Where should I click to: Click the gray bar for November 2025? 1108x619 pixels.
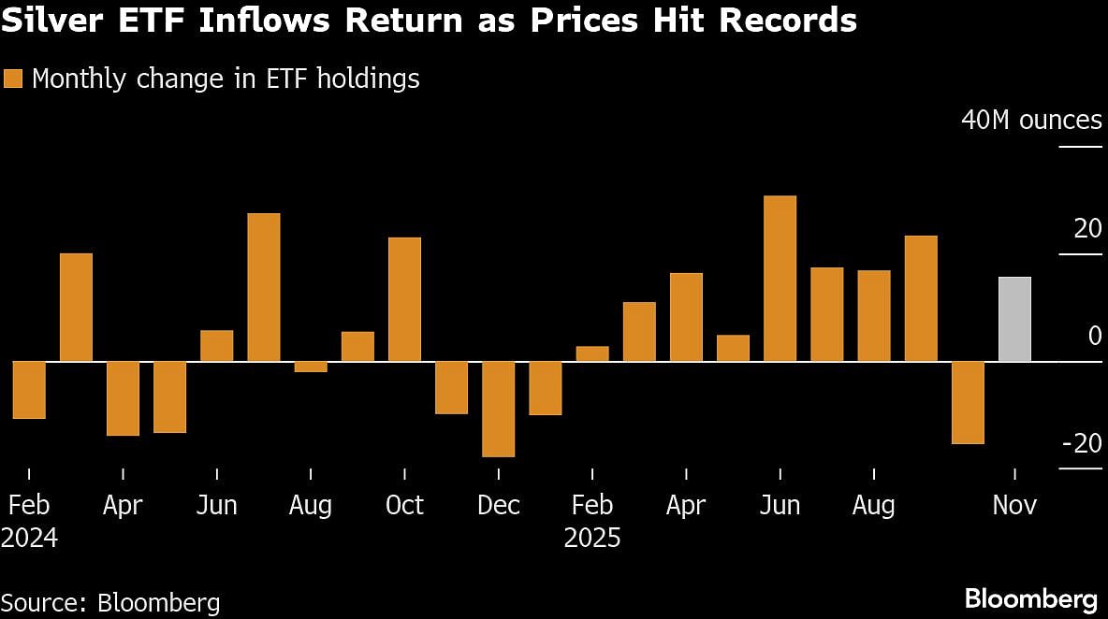pyautogui.click(x=1014, y=319)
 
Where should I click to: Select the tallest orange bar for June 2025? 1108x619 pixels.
pyautogui.click(x=780, y=278)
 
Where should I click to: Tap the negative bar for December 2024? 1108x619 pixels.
pyautogui.click(x=498, y=409)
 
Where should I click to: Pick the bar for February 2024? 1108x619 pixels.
pyautogui.click(x=29, y=389)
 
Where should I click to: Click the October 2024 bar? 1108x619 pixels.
pyautogui.click(x=404, y=299)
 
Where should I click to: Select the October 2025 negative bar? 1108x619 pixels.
pyautogui.click(x=968, y=402)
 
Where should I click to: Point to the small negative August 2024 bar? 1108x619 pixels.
pyautogui.click(x=311, y=367)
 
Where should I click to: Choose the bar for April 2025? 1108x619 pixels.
pyautogui.click(x=686, y=317)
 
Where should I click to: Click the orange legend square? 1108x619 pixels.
pyautogui.click(x=13, y=79)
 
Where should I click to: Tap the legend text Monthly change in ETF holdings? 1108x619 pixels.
pyautogui.click(x=226, y=79)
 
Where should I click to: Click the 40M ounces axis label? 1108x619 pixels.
pyautogui.click(x=1031, y=121)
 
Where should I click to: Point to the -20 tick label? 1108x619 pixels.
pyautogui.click(x=1082, y=443)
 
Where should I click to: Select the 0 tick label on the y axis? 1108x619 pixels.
pyautogui.click(x=1095, y=336)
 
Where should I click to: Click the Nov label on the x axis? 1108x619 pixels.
pyautogui.click(x=1014, y=506)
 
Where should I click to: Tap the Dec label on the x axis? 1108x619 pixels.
pyautogui.click(x=498, y=506)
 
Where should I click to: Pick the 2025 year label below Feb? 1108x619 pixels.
pyautogui.click(x=591, y=539)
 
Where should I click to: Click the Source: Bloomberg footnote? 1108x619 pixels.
pyautogui.click(x=110, y=602)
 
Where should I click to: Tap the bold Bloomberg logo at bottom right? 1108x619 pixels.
pyautogui.click(x=1030, y=598)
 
